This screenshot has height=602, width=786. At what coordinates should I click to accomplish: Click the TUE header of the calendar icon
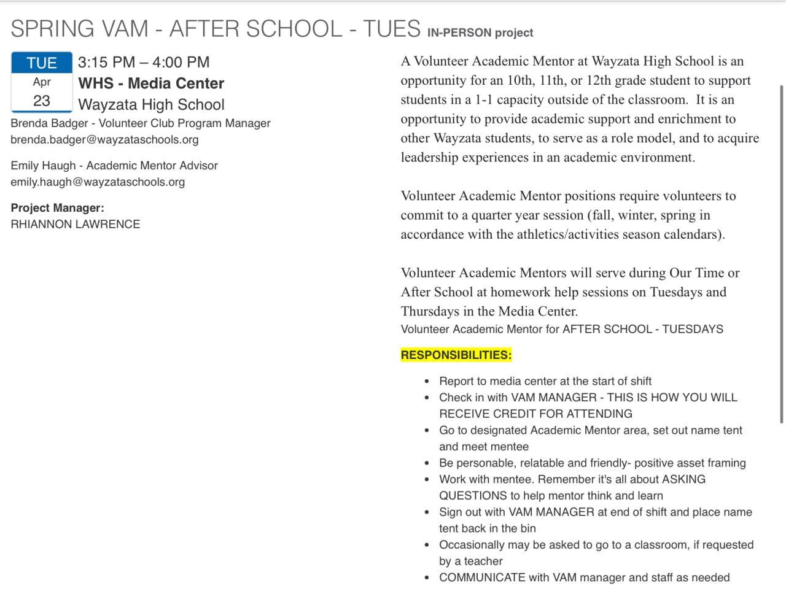42,63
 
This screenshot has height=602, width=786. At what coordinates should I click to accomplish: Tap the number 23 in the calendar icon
42,101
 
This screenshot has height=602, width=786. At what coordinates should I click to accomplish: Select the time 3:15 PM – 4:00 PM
144,62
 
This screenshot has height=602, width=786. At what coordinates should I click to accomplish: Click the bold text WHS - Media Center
151,83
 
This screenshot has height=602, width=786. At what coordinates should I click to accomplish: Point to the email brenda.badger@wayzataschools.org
104,139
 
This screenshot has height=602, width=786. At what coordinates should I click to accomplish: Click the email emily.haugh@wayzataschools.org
98,182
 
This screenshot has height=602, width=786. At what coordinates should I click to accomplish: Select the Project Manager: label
57,207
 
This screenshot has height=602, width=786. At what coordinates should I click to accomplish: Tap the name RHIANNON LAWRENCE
76,224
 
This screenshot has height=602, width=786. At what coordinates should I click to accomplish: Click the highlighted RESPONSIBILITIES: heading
456,355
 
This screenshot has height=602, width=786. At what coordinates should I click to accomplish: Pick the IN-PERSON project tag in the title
480,33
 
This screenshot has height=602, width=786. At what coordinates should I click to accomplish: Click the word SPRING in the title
52,29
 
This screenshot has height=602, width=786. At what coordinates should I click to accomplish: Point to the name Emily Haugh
43,165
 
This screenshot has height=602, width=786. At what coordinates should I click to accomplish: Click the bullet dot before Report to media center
427,381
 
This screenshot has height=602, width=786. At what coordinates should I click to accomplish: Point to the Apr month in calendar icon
42,82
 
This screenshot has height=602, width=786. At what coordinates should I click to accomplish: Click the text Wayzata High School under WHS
151,104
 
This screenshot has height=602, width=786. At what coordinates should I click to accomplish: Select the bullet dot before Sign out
427,512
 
